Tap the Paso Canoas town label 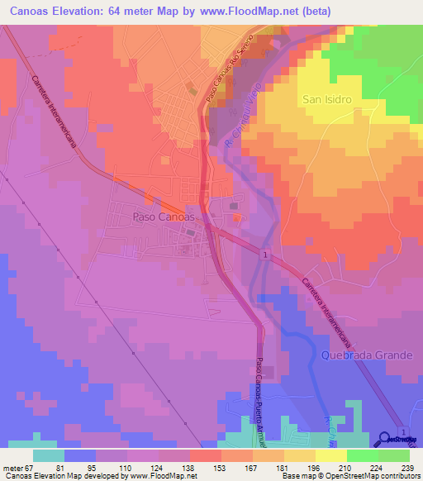click(x=163, y=217)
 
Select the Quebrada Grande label click(x=365, y=355)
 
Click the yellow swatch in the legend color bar click(x=330, y=455)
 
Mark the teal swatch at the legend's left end click(x=48, y=455)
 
